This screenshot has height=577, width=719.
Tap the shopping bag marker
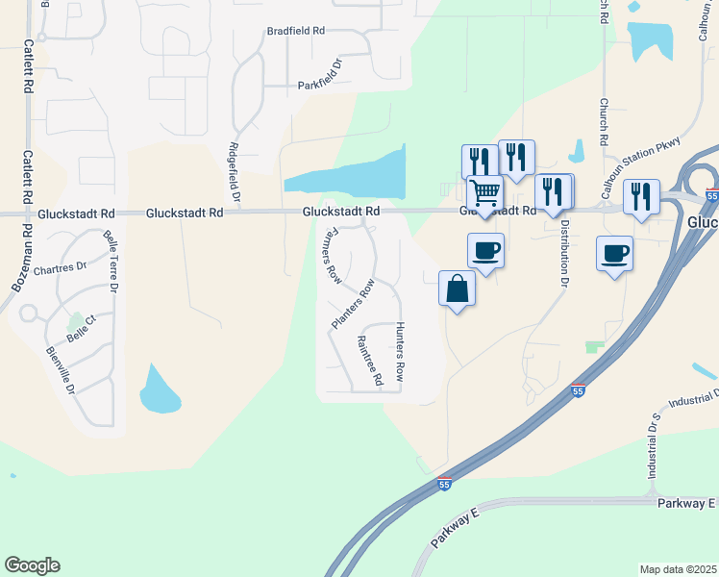pyautogui.click(x=458, y=288)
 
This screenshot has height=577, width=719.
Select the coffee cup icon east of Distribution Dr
pyautogui.click(x=614, y=254)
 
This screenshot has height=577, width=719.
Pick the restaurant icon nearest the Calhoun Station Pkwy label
pyautogui.click(x=641, y=196)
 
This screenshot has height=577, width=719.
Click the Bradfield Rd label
pyautogui.click(x=296, y=31)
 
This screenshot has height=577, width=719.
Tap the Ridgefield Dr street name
pyautogui.click(x=235, y=171)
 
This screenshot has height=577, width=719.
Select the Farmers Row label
pyautogui.click(x=329, y=255)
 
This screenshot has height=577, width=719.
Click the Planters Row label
pyautogui.click(x=352, y=304)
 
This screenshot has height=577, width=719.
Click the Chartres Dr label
pyautogui.click(x=60, y=269)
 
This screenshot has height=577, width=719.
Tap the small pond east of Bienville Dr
pyautogui.click(x=158, y=389)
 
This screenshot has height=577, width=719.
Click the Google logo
pyautogui.click(x=33, y=565)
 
